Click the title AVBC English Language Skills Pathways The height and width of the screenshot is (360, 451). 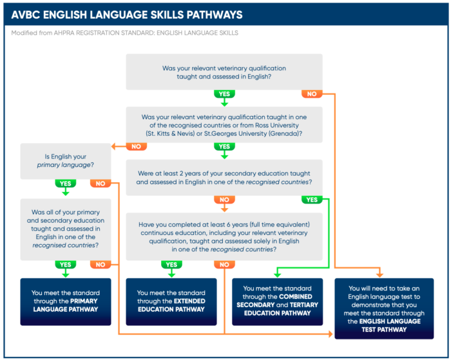(127, 15)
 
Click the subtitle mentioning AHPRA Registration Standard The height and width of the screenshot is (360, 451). (124, 33)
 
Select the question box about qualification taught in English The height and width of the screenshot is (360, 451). (224, 72)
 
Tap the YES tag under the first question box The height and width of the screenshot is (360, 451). (224, 94)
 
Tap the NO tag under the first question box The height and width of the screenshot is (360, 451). (312, 94)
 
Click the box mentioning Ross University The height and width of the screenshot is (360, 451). (224, 125)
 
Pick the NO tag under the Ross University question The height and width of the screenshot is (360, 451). (137, 146)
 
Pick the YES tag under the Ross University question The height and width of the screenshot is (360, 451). (224, 146)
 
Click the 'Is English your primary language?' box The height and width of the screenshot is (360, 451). (66, 161)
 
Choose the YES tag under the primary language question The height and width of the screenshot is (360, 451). (66, 184)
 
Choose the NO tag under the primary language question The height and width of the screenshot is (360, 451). (101, 184)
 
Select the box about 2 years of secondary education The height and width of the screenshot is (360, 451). (224, 178)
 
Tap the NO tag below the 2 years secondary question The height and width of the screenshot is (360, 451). (224, 200)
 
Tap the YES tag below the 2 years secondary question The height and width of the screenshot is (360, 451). (312, 200)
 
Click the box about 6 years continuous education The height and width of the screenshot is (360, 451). (224, 236)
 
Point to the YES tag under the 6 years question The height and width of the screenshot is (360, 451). (171, 265)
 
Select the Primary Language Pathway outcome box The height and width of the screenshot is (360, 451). (66, 301)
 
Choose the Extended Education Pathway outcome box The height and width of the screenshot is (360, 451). (171, 301)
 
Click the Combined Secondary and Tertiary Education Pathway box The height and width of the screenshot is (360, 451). (277, 301)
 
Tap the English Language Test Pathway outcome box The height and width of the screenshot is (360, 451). (384, 308)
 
